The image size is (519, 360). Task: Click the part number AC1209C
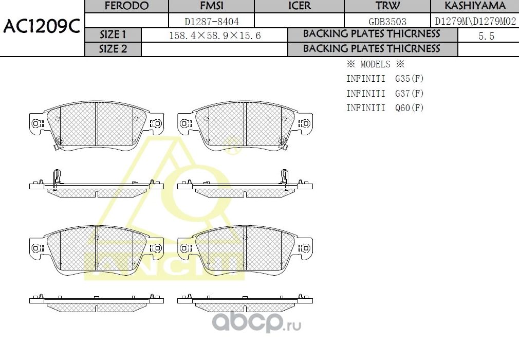[42, 27]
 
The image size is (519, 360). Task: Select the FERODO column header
[126, 6]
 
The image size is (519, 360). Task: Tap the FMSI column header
[212, 6]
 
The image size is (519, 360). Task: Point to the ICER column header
[299, 6]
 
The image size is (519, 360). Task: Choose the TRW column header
[388, 6]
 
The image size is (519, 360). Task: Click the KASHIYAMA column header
[475, 6]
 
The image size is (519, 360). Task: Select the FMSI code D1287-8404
[212, 22]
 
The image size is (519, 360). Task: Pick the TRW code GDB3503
[388, 22]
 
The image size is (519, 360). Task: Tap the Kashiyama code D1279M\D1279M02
[475, 22]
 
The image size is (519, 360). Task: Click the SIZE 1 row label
[113, 35]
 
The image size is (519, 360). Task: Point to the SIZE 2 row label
[113, 49]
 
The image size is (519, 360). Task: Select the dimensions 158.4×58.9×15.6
[215, 35]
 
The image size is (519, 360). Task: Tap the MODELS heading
[376, 64]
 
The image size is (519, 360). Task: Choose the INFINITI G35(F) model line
[385, 79]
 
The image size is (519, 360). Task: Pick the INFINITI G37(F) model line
[385, 93]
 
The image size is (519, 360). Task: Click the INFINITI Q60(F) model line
[385, 107]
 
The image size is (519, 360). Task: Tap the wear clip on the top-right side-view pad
[284, 176]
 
